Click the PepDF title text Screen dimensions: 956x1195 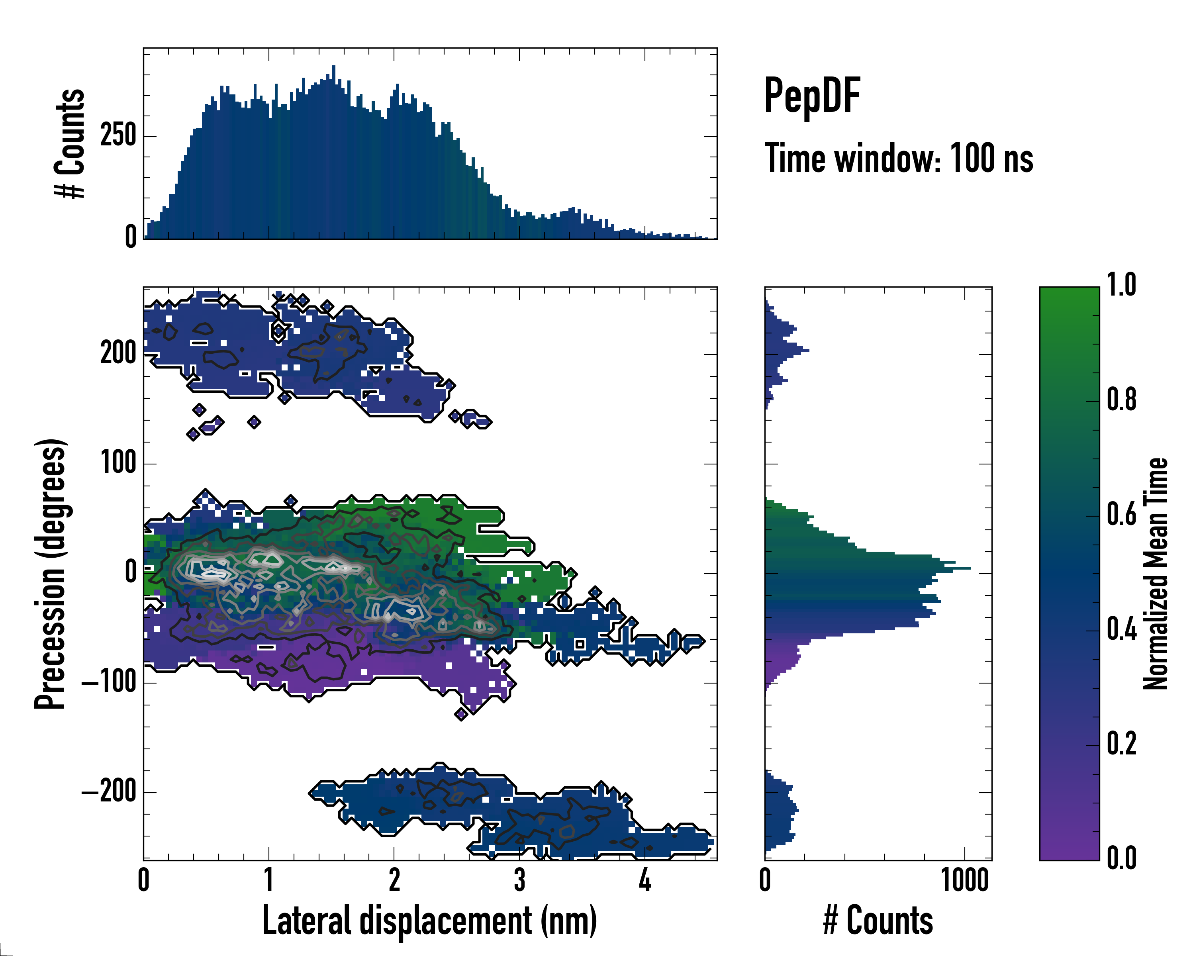(x=811, y=96)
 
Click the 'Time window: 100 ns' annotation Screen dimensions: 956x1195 (x=899, y=159)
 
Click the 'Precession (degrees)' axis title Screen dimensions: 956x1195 (x=51, y=574)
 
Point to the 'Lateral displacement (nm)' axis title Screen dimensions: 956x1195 (x=429, y=921)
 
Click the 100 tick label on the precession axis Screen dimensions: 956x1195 (x=118, y=463)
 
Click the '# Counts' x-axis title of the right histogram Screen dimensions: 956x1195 (x=878, y=921)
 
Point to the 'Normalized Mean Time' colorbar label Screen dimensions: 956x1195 (x=1156, y=574)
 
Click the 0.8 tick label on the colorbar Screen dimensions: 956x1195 (x=1121, y=400)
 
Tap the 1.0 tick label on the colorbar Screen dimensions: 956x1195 (x=1121, y=286)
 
